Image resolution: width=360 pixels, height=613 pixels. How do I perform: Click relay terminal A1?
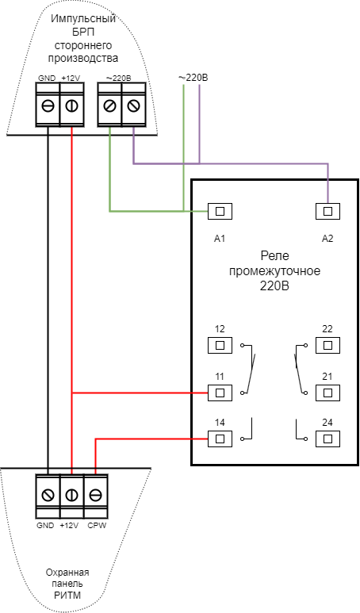pos(220,212)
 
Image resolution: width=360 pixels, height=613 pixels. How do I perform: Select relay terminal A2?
pos(328,212)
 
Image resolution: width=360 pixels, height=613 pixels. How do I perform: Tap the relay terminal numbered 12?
pos(220,345)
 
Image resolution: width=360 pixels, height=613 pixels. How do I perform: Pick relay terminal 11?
pos(220,393)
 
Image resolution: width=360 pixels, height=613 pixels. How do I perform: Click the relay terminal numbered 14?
pos(220,439)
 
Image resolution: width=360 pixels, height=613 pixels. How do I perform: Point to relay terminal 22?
pos(328,345)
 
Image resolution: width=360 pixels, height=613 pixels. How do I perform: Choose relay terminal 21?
pos(328,393)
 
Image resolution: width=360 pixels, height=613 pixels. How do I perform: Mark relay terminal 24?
pos(328,439)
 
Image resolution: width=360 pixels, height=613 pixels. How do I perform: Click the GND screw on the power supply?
pos(48,105)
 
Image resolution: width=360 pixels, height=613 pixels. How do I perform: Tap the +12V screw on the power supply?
pos(72,105)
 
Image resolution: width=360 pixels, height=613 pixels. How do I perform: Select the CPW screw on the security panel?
pos(96,496)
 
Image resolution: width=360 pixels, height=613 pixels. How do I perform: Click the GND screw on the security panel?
pos(48,496)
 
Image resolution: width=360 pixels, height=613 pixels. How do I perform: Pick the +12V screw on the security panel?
pos(72,496)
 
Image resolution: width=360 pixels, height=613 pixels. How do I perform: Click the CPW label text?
pos(97,526)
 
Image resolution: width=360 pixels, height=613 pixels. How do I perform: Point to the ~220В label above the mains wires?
pos(193,78)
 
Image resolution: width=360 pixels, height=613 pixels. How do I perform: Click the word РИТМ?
pos(67,596)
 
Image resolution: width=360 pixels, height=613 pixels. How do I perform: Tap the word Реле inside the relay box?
pos(275,256)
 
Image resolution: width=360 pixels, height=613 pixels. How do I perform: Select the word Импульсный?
pos(83,20)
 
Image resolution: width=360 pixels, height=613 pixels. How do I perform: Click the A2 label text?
pos(327,239)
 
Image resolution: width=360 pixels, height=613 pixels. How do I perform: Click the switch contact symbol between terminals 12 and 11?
pos(248,369)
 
